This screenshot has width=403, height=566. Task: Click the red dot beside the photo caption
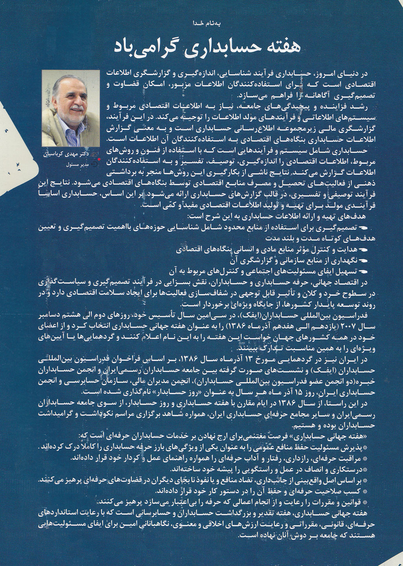(98, 160)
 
